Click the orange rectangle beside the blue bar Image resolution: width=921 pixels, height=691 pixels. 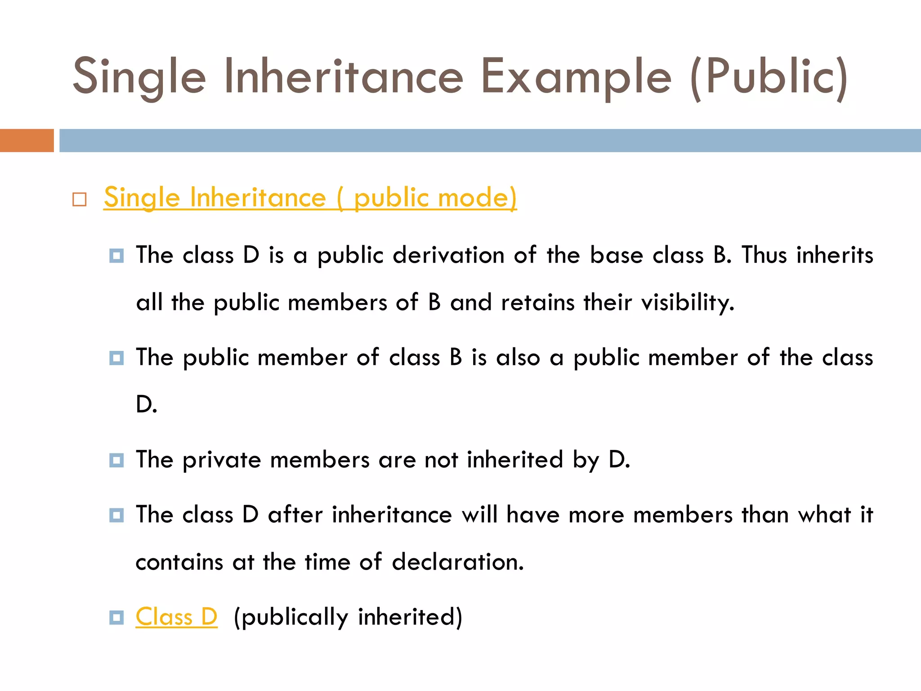27,140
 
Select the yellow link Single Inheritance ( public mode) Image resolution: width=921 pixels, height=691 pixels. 310,197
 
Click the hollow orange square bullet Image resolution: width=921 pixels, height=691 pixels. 80,199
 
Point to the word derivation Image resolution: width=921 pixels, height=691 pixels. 448,255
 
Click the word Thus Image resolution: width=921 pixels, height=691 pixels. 764,255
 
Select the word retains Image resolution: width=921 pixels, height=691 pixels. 538,302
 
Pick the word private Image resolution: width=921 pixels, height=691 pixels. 222,460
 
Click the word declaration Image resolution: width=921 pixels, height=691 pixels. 457,562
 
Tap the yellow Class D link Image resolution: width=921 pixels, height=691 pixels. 176,617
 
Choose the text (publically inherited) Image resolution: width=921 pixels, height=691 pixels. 348,617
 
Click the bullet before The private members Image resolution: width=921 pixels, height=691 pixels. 116,460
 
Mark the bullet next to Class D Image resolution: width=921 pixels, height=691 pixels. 116,617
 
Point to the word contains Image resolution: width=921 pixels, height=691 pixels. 179,562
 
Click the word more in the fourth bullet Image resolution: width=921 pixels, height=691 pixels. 596,515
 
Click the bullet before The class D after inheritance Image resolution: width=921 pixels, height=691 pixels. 116,515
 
